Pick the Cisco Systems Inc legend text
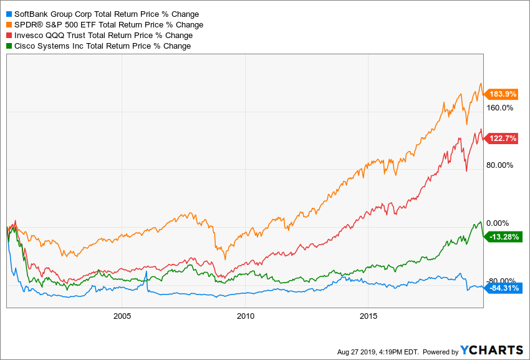pyautogui.click(x=102, y=46)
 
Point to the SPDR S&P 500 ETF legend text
pyautogui.click(x=108, y=25)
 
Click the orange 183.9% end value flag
pyautogui.click(x=503, y=94)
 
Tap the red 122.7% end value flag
pyautogui.click(x=503, y=139)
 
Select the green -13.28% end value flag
pyautogui.click(x=504, y=236)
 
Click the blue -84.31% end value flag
pyautogui.click(x=504, y=288)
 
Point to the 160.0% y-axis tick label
pyautogui.click(x=499, y=107)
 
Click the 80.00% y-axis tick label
pyautogui.click(x=499, y=165)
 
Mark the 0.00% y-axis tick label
pyautogui.click(x=498, y=223)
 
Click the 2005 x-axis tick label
pyautogui.click(x=122, y=316)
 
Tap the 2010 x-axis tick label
pyautogui.click(x=246, y=316)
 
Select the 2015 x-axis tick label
pyautogui.click(x=369, y=316)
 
